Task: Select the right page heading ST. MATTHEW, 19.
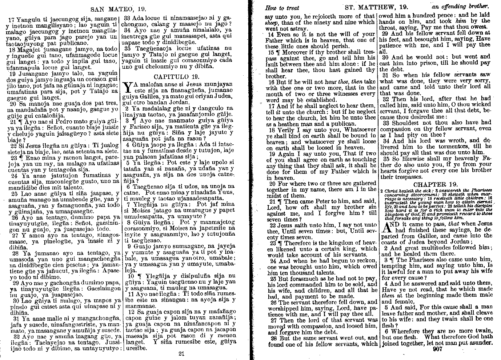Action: tap(376, 7)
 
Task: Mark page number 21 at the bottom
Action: tap(182, 353)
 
